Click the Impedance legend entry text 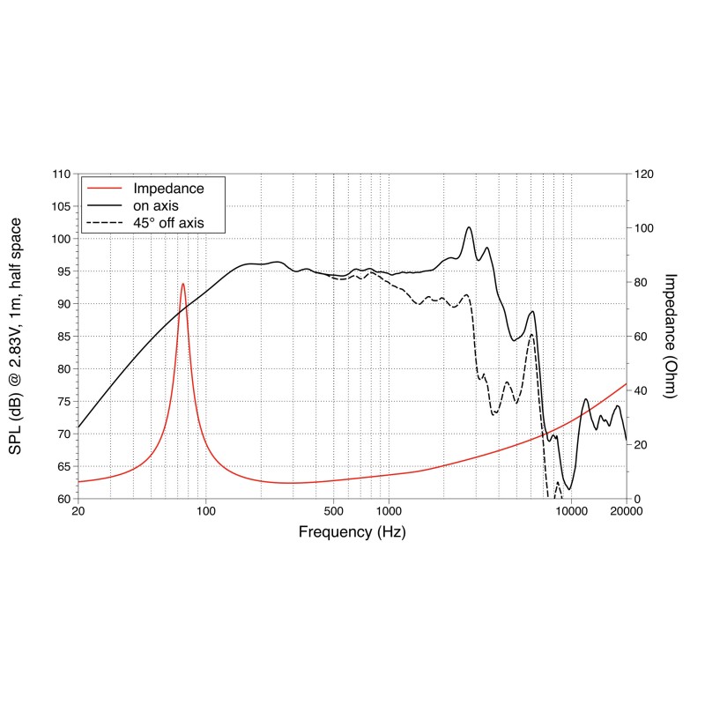[x=168, y=189]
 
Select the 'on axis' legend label [x=156, y=206]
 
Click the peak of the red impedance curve [x=182, y=284]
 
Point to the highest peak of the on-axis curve [x=469, y=227]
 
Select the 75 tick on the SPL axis [x=63, y=401]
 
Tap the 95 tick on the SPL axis [x=63, y=271]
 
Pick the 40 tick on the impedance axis [x=641, y=390]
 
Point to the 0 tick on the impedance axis [x=637, y=499]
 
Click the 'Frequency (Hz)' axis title [x=352, y=532]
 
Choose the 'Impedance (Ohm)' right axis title [x=670, y=336]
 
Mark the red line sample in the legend [x=104, y=189]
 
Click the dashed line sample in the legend [x=104, y=223]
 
